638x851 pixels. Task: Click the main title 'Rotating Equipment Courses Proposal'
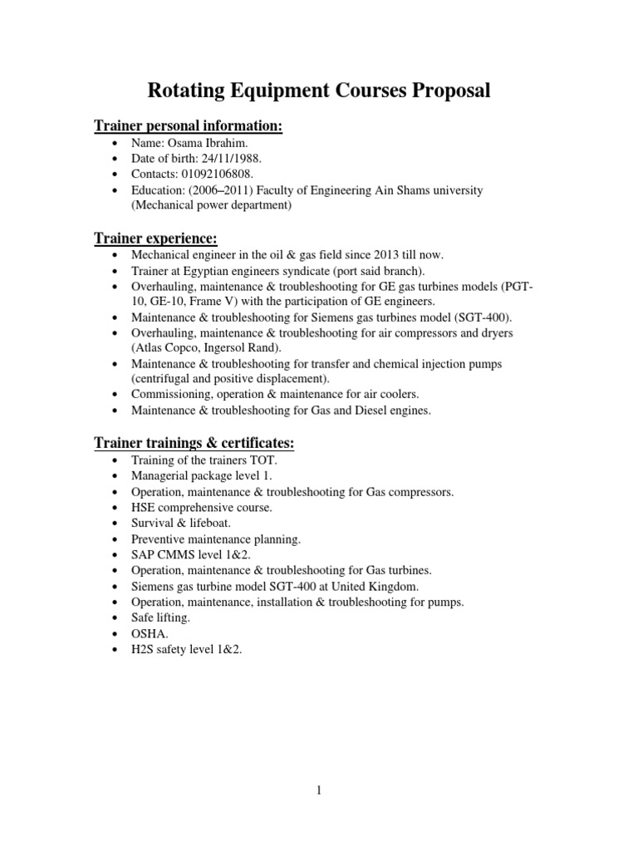(319, 91)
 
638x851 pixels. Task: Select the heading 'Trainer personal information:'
(188, 125)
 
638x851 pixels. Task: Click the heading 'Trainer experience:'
(155, 239)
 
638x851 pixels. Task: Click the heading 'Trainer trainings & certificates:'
(194, 443)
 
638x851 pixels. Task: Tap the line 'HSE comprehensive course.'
(202, 507)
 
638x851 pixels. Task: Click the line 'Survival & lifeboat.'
(182, 523)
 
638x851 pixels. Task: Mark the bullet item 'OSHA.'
(148, 633)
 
